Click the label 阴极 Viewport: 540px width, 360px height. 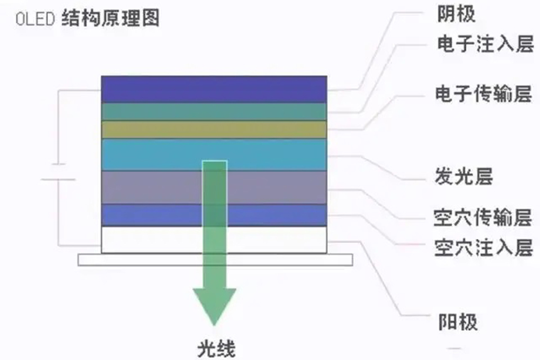click(456, 14)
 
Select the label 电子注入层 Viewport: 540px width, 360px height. click(484, 44)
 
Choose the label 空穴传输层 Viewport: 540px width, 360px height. click(483, 217)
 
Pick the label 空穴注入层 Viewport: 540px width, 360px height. click(483, 247)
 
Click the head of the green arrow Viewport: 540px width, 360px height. click(214, 304)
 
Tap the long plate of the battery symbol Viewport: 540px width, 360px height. click(58, 179)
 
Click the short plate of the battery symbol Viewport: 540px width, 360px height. click(58, 164)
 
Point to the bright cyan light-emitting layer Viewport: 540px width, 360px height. click(152, 154)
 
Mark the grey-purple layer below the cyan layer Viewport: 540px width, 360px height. click(152, 187)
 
